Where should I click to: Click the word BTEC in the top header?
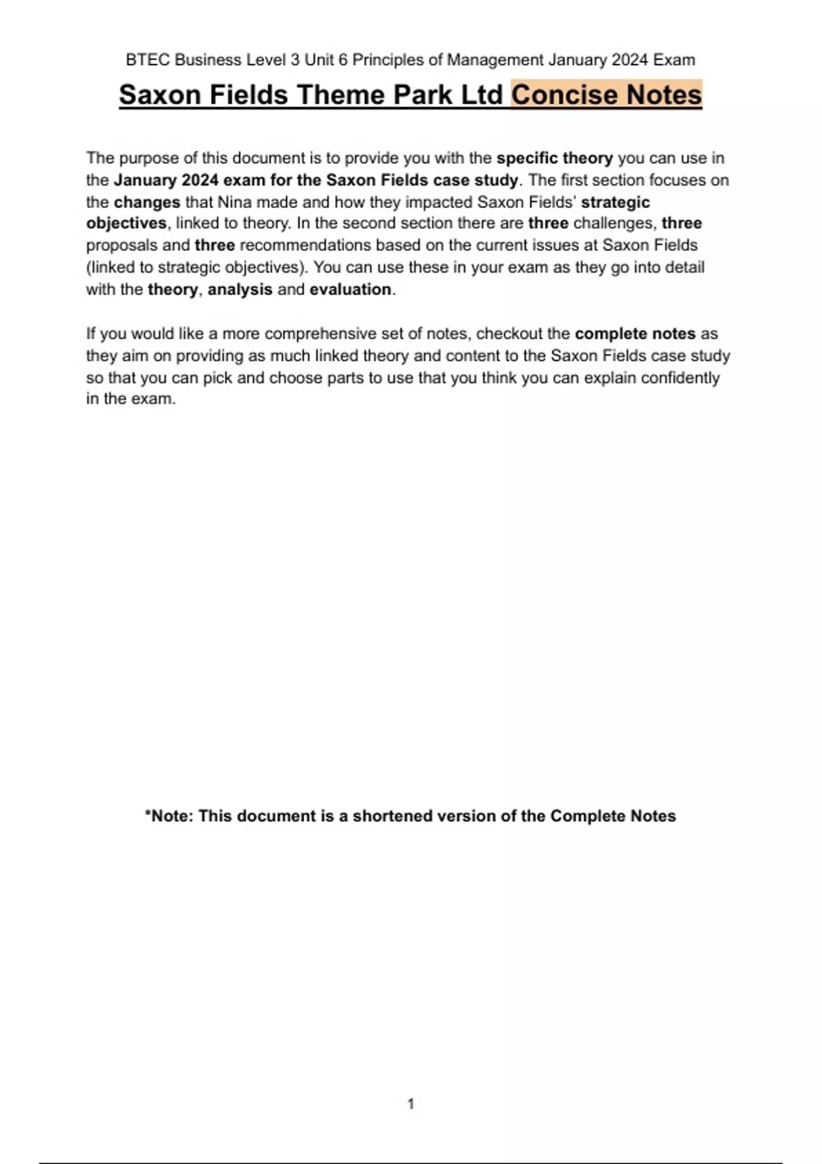147,60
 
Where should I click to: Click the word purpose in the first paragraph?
149,158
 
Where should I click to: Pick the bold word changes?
147,203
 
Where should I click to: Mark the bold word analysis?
240,290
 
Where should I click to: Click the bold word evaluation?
350,290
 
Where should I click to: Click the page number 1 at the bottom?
411,1104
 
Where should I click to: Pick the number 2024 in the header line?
630,60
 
